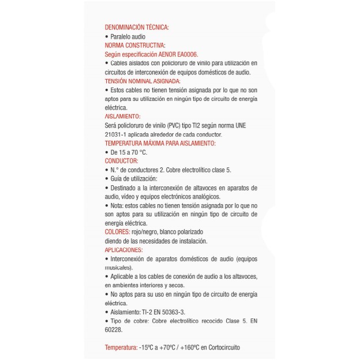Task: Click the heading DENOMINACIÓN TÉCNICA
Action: (137, 27)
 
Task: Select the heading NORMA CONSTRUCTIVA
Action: (134, 44)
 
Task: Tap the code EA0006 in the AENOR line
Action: (185, 54)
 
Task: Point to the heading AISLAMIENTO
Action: (122, 116)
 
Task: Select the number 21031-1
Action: (117, 134)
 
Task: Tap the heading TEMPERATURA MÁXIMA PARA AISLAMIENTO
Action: (160, 143)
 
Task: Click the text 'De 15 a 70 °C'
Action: (128, 152)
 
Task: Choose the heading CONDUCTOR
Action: (121, 161)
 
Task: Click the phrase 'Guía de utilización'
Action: (133, 179)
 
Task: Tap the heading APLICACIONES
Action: (123, 250)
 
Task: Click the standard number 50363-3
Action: (171, 312)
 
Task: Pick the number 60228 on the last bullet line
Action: (113, 330)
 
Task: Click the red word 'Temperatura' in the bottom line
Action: (121, 347)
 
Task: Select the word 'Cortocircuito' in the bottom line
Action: (222, 347)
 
